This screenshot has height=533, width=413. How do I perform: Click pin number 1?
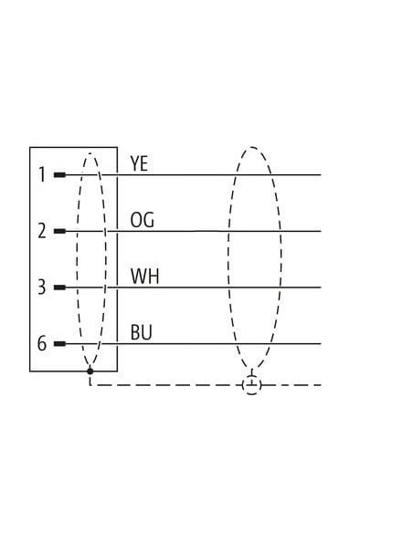point(42,174)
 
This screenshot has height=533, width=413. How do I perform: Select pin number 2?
point(42,231)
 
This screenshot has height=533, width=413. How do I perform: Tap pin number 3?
point(41,287)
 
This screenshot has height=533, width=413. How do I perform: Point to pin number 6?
point(41,343)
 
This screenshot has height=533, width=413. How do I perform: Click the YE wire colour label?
point(139,163)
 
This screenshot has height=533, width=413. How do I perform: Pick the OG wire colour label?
point(143,220)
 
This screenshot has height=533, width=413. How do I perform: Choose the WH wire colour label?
point(145,276)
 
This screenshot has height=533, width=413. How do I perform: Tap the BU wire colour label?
point(142,332)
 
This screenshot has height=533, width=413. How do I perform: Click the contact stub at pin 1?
point(60,175)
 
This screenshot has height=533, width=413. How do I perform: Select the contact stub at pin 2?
point(60,231)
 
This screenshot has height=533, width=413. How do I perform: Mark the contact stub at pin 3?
point(60,287)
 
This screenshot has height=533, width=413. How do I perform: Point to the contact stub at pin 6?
point(60,344)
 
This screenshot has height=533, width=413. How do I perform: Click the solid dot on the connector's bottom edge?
point(90,371)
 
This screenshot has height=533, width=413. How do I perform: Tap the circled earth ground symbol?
point(252,385)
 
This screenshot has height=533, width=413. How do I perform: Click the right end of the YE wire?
point(321,175)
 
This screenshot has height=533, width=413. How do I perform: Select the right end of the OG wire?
point(321,231)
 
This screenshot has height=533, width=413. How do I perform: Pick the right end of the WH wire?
point(321,287)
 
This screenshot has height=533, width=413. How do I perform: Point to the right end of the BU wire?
point(321,344)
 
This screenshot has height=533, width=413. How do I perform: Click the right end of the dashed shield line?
point(321,385)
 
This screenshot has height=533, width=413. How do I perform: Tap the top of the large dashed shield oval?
point(252,147)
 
